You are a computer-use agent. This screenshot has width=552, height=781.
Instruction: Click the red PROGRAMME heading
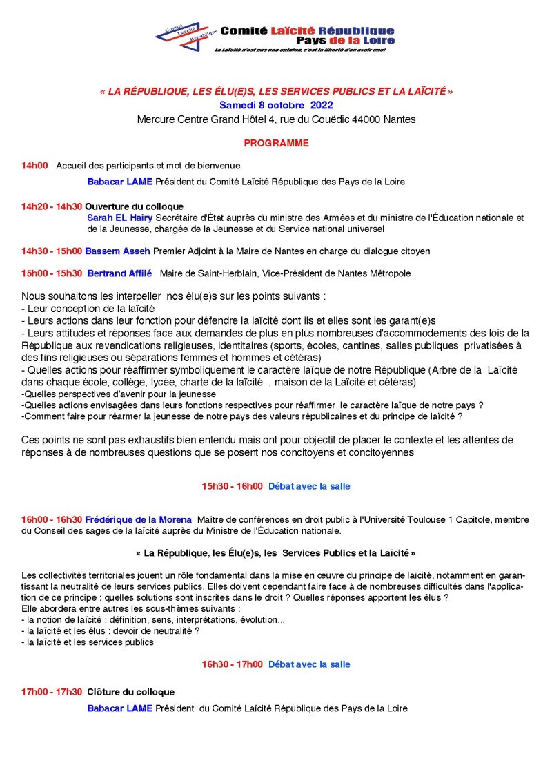coord(276,144)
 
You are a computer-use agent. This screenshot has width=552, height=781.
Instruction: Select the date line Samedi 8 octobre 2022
coord(276,106)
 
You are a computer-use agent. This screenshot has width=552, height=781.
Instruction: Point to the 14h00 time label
coord(34,166)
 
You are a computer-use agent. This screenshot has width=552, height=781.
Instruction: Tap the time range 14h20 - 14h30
coord(52,206)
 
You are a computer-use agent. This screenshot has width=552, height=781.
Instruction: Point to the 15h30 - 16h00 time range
coord(233,486)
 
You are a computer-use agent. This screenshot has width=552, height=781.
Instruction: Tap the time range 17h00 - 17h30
coord(52,692)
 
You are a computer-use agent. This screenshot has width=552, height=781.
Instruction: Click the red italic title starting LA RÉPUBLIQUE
coord(276,91)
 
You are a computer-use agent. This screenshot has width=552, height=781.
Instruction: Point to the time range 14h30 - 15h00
coord(52,251)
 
